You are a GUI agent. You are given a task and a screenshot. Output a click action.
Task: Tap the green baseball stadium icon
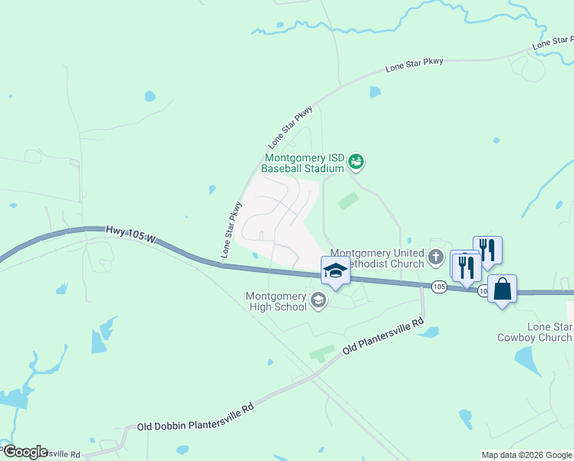coord(355,161)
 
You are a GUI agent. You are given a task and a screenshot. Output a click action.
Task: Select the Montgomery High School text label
coord(275,301)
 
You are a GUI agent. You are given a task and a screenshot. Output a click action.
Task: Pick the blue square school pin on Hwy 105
coord(335,271)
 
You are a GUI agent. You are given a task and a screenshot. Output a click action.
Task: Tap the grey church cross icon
coord(436,257)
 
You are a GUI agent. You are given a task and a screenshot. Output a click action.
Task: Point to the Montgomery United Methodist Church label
coord(377,259)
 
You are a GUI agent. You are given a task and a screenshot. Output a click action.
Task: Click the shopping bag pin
coord(502,290)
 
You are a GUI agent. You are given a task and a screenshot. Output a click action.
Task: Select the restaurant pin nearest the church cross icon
coord(464,267)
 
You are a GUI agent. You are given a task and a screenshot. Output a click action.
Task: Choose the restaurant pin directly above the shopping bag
coord(487,250)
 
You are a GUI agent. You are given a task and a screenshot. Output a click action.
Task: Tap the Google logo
coord(25,452)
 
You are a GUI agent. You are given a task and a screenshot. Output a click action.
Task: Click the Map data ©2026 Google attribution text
coord(526,455)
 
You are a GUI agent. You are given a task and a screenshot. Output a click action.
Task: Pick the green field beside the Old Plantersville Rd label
coord(322,354)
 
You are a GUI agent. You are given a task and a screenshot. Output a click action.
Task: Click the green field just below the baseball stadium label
coord(348,201)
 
